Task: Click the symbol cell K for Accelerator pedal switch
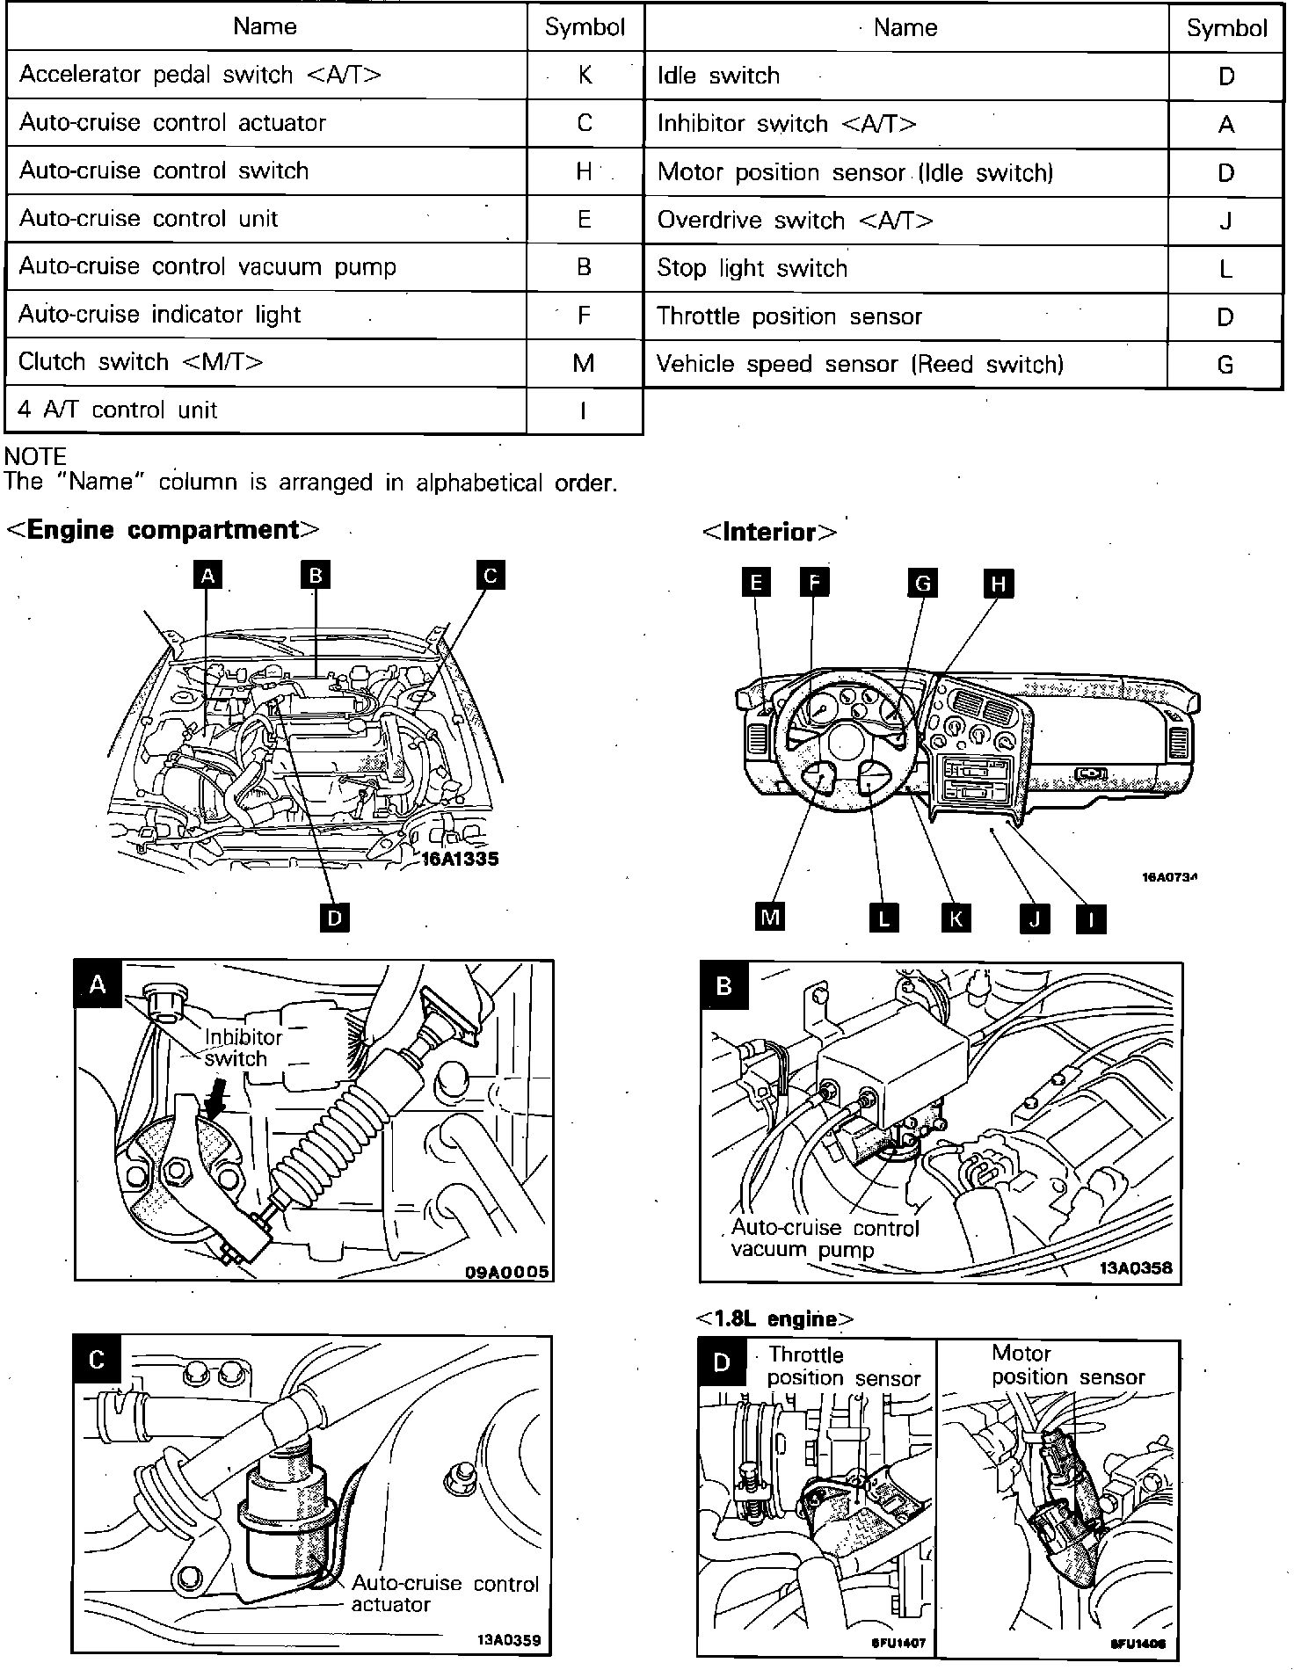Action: [x=585, y=76]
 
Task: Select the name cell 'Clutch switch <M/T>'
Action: [x=141, y=362]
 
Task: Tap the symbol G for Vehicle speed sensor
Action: [x=1225, y=364]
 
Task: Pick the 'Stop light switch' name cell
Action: [x=752, y=268]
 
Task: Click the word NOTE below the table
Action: [x=35, y=456]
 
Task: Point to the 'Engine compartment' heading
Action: [x=163, y=530]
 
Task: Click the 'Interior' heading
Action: [x=769, y=532]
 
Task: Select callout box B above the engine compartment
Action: [x=315, y=576]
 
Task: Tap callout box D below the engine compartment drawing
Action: [x=334, y=918]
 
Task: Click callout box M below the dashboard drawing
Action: [x=770, y=918]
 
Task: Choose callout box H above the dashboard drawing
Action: [x=998, y=583]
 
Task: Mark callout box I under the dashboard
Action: [x=1091, y=918]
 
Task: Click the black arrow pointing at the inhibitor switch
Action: [x=215, y=1100]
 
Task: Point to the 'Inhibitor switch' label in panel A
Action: [x=242, y=1048]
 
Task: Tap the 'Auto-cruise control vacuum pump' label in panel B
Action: [x=825, y=1238]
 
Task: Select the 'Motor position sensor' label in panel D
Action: [x=1068, y=1365]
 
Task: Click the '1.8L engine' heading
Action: [x=774, y=1318]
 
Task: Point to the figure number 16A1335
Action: [x=460, y=859]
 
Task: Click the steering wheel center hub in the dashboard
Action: [x=847, y=740]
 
